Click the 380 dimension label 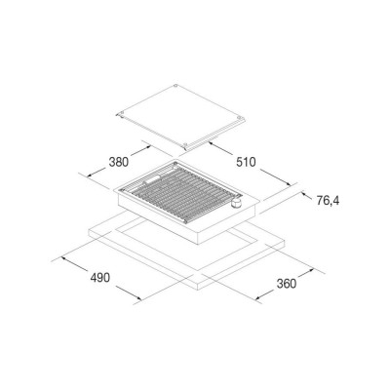pos(118,162)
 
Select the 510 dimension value pos(246,162)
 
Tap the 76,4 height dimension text pos(328,201)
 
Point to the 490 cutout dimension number pos(100,278)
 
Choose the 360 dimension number pos(287,284)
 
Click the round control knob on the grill pos(236,203)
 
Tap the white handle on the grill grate pos(151,180)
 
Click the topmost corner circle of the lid pos(175,86)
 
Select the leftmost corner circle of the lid pos(121,113)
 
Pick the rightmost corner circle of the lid pos(239,117)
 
